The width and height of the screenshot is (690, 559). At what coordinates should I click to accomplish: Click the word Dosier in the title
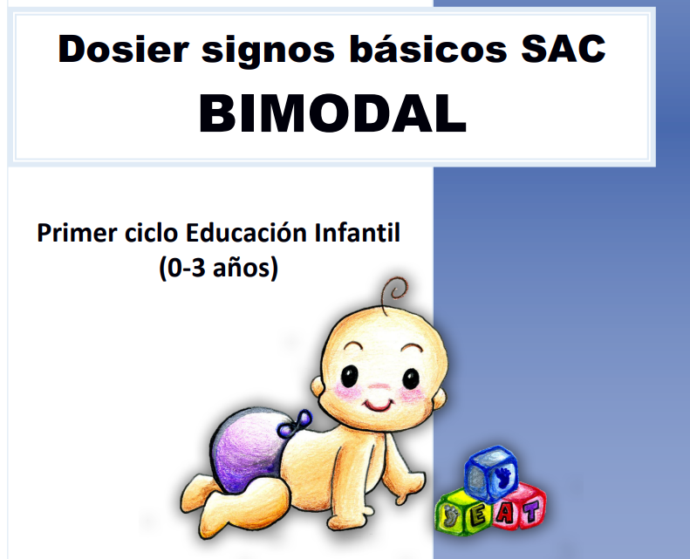point(124,49)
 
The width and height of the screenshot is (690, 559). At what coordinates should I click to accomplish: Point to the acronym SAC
point(564,48)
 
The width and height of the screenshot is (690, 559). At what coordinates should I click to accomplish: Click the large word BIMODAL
point(332,113)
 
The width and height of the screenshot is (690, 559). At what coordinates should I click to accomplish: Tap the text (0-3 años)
point(219,268)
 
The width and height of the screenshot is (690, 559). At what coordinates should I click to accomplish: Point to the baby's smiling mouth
point(378,405)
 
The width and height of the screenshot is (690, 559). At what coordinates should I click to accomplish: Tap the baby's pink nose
point(379,388)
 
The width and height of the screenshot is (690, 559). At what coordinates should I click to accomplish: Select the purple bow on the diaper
point(294,424)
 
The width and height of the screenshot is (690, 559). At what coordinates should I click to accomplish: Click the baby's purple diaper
point(249,451)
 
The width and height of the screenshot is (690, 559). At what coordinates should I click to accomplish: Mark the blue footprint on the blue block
point(502,475)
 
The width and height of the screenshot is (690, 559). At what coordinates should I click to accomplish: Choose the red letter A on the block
point(505,513)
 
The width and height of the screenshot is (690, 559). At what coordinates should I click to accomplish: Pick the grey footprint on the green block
point(450,515)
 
